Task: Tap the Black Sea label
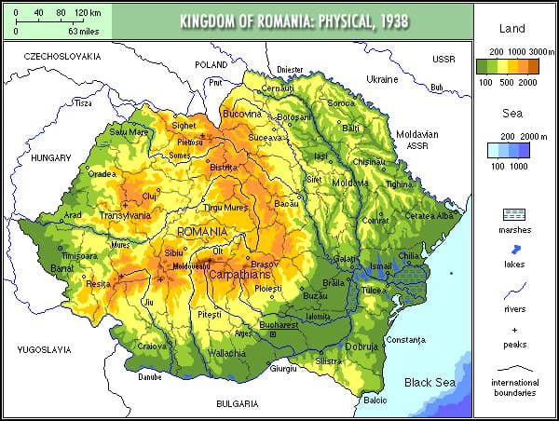click(x=429, y=382)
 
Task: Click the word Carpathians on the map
click(x=239, y=277)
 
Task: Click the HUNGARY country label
click(x=50, y=158)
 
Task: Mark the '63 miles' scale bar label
click(x=82, y=31)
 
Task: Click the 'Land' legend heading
click(x=514, y=30)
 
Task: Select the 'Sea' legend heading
click(x=514, y=115)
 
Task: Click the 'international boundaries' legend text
click(x=514, y=387)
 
